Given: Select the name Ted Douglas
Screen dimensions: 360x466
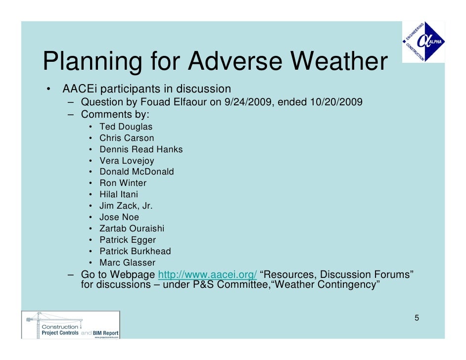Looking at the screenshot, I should (x=126, y=127).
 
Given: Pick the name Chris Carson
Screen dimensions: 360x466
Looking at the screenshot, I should (x=127, y=138).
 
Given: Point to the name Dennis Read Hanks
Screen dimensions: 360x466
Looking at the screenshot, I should (x=141, y=149).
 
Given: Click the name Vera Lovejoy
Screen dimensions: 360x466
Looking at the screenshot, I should (x=127, y=161).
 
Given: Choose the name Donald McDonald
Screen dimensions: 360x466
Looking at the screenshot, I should (x=137, y=172).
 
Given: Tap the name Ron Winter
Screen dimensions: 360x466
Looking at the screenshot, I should (x=123, y=183).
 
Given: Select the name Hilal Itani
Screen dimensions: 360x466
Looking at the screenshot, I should (x=119, y=195).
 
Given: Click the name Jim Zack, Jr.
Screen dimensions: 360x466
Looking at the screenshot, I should (x=126, y=206).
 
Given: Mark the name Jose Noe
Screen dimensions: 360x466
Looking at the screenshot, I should (x=119, y=218).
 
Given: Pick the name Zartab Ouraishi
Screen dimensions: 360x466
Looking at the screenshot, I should (x=132, y=229).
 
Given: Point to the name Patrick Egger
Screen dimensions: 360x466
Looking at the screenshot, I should (x=128, y=240).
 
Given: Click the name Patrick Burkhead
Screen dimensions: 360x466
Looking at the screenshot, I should (x=135, y=252).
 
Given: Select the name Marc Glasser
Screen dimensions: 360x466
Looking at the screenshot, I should (x=127, y=263).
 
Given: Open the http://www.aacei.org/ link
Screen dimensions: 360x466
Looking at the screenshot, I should (x=207, y=275).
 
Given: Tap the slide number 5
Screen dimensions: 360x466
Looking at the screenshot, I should (x=417, y=317).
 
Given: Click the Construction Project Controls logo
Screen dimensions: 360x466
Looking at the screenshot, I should (x=70, y=324).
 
